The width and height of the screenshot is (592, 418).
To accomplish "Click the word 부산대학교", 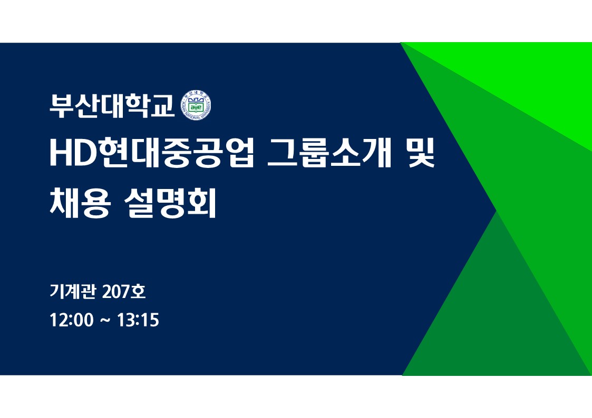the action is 112,105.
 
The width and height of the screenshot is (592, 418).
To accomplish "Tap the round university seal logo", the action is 196,105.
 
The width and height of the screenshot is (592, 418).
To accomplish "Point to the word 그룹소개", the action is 329,153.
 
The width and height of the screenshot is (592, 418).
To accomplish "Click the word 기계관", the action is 73,291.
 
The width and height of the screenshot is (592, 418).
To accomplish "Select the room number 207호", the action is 123,291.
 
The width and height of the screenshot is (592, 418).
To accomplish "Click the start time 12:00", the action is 71,320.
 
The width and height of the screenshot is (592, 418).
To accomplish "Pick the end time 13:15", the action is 138,320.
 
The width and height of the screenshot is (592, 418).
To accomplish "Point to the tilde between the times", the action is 105,321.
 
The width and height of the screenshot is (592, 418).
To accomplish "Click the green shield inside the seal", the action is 196,106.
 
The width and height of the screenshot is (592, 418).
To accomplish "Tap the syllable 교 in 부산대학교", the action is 162,106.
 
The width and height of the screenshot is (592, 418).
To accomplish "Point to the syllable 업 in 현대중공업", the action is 239,153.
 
